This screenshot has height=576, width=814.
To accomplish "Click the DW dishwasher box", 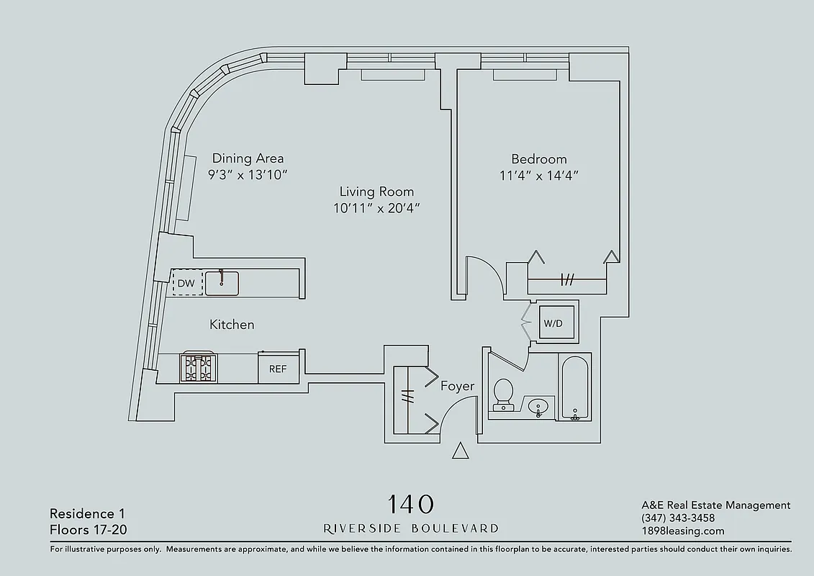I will pos(186,284).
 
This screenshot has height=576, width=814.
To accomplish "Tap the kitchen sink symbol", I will pos(222,283).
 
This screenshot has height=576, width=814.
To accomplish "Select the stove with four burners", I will pos(197,368).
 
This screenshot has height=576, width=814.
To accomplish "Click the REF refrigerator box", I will pos(278,369).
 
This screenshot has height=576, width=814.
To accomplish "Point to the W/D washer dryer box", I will pos(553,323).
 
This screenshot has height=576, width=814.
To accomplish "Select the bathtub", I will pos(574,389).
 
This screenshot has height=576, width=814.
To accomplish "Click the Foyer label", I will pos(458,387).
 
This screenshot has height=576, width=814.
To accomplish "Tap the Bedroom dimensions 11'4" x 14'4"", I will pos(539,175).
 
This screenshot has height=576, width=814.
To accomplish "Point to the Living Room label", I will pos(376,192).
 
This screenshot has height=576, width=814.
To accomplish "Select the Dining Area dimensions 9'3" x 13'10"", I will pos(248,175).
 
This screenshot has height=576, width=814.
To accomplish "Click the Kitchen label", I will pos(232,325).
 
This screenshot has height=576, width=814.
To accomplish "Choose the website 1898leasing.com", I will pos(682,531).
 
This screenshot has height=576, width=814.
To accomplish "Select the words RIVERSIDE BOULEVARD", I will pos(411,528).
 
